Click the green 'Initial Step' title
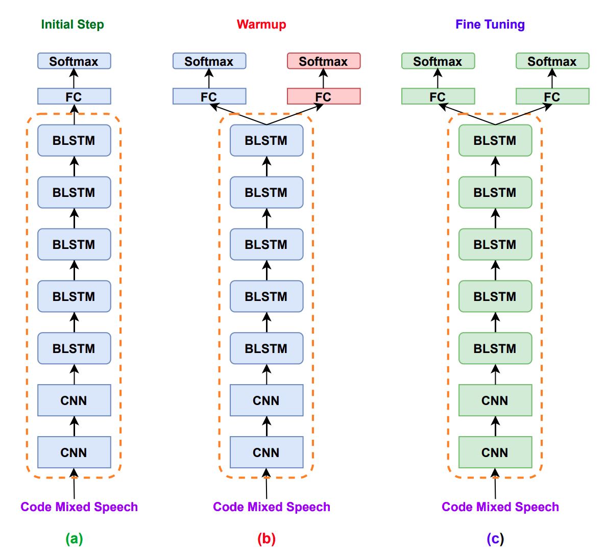point(72,24)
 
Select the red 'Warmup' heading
point(261,24)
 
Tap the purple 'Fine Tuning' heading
point(490,24)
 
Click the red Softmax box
point(324,61)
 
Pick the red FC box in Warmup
point(324,96)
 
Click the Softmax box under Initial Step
point(74,61)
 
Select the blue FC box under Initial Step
point(74,96)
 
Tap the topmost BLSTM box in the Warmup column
point(266,140)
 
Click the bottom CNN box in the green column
point(495,452)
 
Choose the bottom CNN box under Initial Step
point(74,452)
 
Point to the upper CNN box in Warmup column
point(266,400)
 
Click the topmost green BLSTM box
point(495,140)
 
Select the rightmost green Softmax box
point(552,61)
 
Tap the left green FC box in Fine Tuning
point(438,96)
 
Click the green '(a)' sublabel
point(74,539)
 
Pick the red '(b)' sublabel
point(266,539)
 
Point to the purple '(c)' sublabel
point(495,539)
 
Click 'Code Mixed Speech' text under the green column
point(500,507)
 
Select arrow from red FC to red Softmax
point(323,79)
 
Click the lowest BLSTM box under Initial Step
point(74,348)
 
